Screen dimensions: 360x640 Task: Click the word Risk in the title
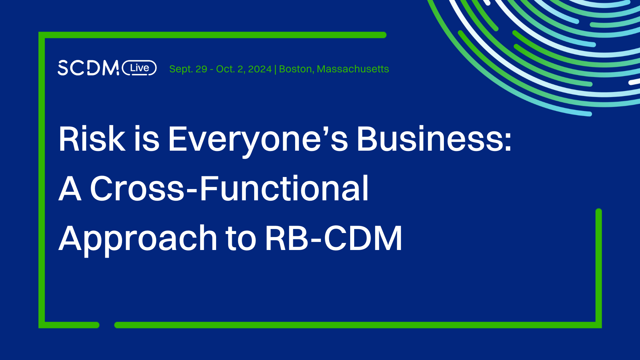coord(91,139)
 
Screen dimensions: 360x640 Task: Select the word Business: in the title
coord(434,139)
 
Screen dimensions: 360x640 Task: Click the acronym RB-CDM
coord(334,239)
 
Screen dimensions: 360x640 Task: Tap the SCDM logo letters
coord(88,68)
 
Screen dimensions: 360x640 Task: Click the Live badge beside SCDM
coord(139,68)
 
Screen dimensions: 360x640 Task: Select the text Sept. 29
coord(188,69)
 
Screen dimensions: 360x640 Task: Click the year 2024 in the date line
coord(260,69)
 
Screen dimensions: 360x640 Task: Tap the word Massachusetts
coord(353,69)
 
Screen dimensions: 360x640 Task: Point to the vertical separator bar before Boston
coord(275,69)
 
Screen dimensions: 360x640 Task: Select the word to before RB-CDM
coord(241,239)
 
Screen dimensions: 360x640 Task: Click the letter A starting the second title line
coord(70,189)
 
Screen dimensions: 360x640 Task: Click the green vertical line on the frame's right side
coord(599,267)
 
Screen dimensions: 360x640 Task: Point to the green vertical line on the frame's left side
coord(42,180)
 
